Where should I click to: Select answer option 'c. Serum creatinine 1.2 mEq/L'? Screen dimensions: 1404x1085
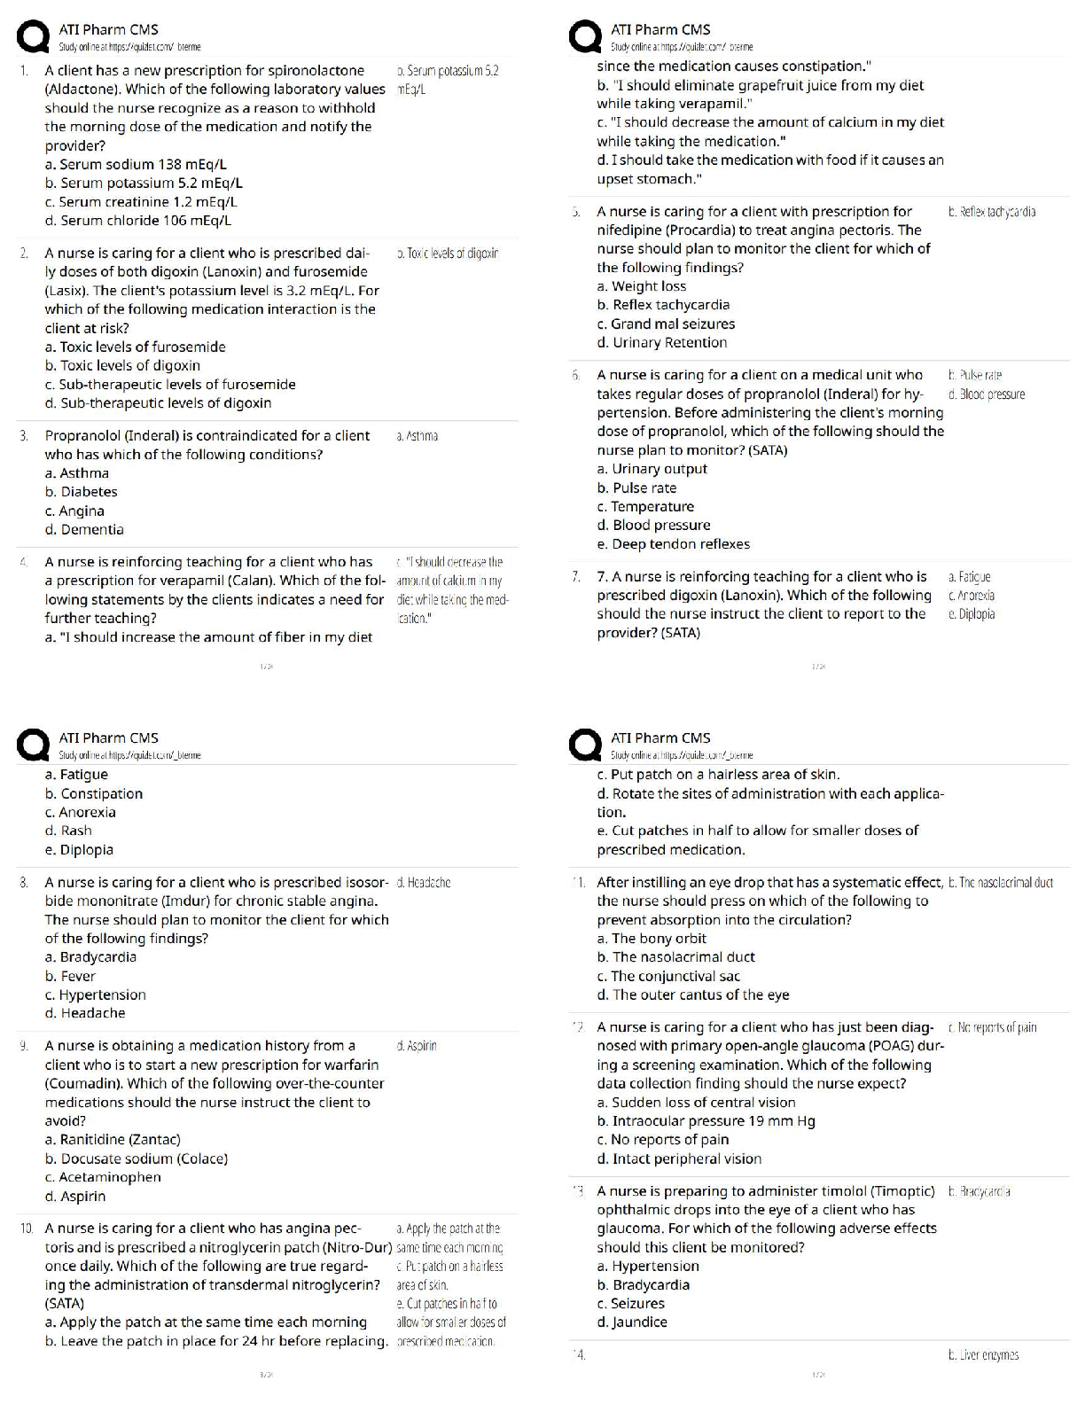point(141,202)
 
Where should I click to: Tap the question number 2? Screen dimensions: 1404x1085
point(24,253)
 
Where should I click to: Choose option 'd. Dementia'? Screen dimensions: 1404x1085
point(84,530)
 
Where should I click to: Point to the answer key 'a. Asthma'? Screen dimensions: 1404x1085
point(418,436)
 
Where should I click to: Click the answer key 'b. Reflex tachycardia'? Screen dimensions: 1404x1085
point(991,212)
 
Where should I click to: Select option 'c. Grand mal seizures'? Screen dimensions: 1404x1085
point(666,324)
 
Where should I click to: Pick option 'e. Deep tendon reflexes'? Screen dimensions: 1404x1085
point(674,544)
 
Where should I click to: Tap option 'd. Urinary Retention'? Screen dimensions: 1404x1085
point(662,343)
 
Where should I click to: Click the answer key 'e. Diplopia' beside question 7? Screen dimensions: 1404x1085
point(972,614)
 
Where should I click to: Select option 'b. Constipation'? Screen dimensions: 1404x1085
point(94,794)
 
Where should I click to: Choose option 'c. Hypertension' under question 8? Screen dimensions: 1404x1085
point(96,995)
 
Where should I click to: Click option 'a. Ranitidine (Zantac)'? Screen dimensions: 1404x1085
point(113,1140)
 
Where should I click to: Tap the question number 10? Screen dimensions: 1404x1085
point(27,1228)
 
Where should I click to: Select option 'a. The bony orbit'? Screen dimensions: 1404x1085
point(652,939)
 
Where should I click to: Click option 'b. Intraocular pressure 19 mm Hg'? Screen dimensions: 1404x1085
point(706,1121)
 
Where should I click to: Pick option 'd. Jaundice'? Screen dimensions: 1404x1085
point(632,1322)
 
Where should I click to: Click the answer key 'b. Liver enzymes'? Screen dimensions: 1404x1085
point(983,1355)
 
